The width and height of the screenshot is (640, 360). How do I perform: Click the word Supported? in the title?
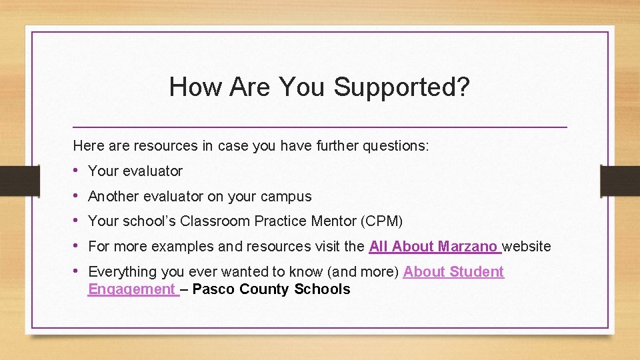403,87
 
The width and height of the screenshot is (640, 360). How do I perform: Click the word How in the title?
191,87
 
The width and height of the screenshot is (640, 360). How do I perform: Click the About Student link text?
453,272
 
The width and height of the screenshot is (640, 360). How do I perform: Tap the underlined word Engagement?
132,289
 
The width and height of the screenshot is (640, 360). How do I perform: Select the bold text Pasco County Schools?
271,289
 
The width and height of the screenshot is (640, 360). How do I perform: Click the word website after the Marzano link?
527,247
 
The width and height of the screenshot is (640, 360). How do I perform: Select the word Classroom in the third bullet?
212,221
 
